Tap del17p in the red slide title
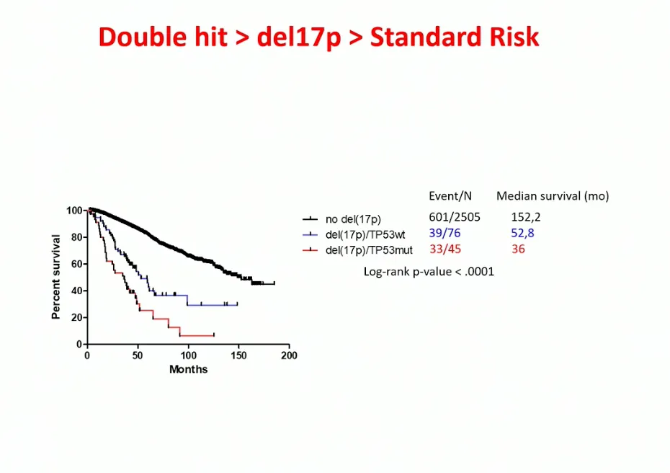coord(298,37)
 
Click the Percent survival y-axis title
coord(55,277)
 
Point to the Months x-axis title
coord(188,369)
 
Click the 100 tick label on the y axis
coord(74,211)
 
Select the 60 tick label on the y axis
coord(76,264)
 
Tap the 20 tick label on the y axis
coord(76,318)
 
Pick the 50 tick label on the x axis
coord(138,355)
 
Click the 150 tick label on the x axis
coord(238,355)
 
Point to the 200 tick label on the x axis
coord(289,355)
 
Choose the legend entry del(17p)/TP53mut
coord(369,250)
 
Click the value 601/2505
coord(455,217)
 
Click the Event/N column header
coord(450,196)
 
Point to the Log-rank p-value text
coord(429,272)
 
